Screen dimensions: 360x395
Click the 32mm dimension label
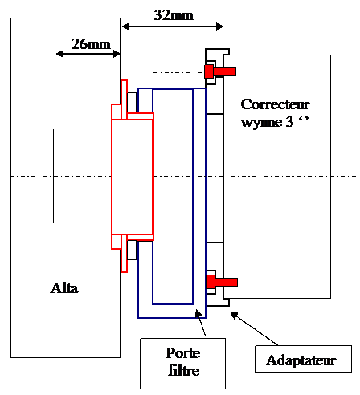(x=174, y=15)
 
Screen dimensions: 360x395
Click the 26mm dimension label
(x=91, y=44)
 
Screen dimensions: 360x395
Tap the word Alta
(x=64, y=288)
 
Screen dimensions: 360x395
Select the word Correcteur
(x=275, y=104)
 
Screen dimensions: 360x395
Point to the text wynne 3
(x=267, y=122)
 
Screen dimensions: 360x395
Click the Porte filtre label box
(x=183, y=364)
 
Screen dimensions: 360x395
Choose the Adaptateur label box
(x=303, y=359)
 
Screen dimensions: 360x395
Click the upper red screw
(x=220, y=71)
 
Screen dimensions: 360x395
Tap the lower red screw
(x=222, y=282)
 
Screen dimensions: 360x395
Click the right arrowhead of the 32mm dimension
(x=220, y=26)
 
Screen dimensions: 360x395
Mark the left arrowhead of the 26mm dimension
(x=60, y=54)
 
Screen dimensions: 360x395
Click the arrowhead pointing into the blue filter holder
(x=198, y=313)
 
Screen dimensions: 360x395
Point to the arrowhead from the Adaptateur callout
(x=235, y=315)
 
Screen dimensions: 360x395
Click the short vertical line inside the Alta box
(x=53, y=176)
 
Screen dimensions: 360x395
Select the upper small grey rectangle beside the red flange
(x=132, y=102)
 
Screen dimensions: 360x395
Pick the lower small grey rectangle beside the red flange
(x=132, y=250)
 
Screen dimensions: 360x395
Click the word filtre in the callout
(x=184, y=371)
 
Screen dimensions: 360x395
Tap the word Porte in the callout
(x=183, y=353)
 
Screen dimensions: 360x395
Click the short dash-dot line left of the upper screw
(x=179, y=72)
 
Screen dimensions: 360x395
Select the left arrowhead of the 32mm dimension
(x=125, y=26)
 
